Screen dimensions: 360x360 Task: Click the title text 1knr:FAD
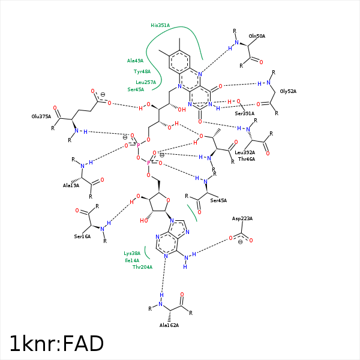pyautogui.click(x=57, y=343)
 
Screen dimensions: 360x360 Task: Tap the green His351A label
pyautogui.click(x=160, y=26)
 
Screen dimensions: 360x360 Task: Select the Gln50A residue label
pyautogui.click(x=257, y=36)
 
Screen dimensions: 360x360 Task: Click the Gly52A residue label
pyautogui.click(x=289, y=91)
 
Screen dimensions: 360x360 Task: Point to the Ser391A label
pyautogui.click(x=244, y=113)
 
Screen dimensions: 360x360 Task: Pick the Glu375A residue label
pyautogui.click(x=41, y=117)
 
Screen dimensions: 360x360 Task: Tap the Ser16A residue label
pyautogui.click(x=82, y=237)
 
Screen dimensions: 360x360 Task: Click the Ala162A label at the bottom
pyautogui.click(x=169, y=325)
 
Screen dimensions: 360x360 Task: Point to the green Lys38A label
pyautogui.click(x=132, y=253)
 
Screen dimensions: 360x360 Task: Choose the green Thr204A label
pyautogui.click(x=142, y=267)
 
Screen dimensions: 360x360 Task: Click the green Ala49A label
pyautogui.click(x=135, y=61)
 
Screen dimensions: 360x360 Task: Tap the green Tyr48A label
pyautogui.click(x=142, y=71)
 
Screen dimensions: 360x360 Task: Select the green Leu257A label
pyautogui.click(x=146, y=82)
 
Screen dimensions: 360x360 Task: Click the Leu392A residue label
pyautogui.click(x=245, y=152)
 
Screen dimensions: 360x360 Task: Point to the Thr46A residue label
pyautogui.click(x=247, y=159)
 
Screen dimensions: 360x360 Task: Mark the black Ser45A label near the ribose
pyautogui.click(x=218, y=200)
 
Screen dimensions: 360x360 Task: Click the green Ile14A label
pyautogui.click(x=132, y=260)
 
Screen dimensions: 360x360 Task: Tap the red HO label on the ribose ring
pyautogui.click(x=144, y=220)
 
